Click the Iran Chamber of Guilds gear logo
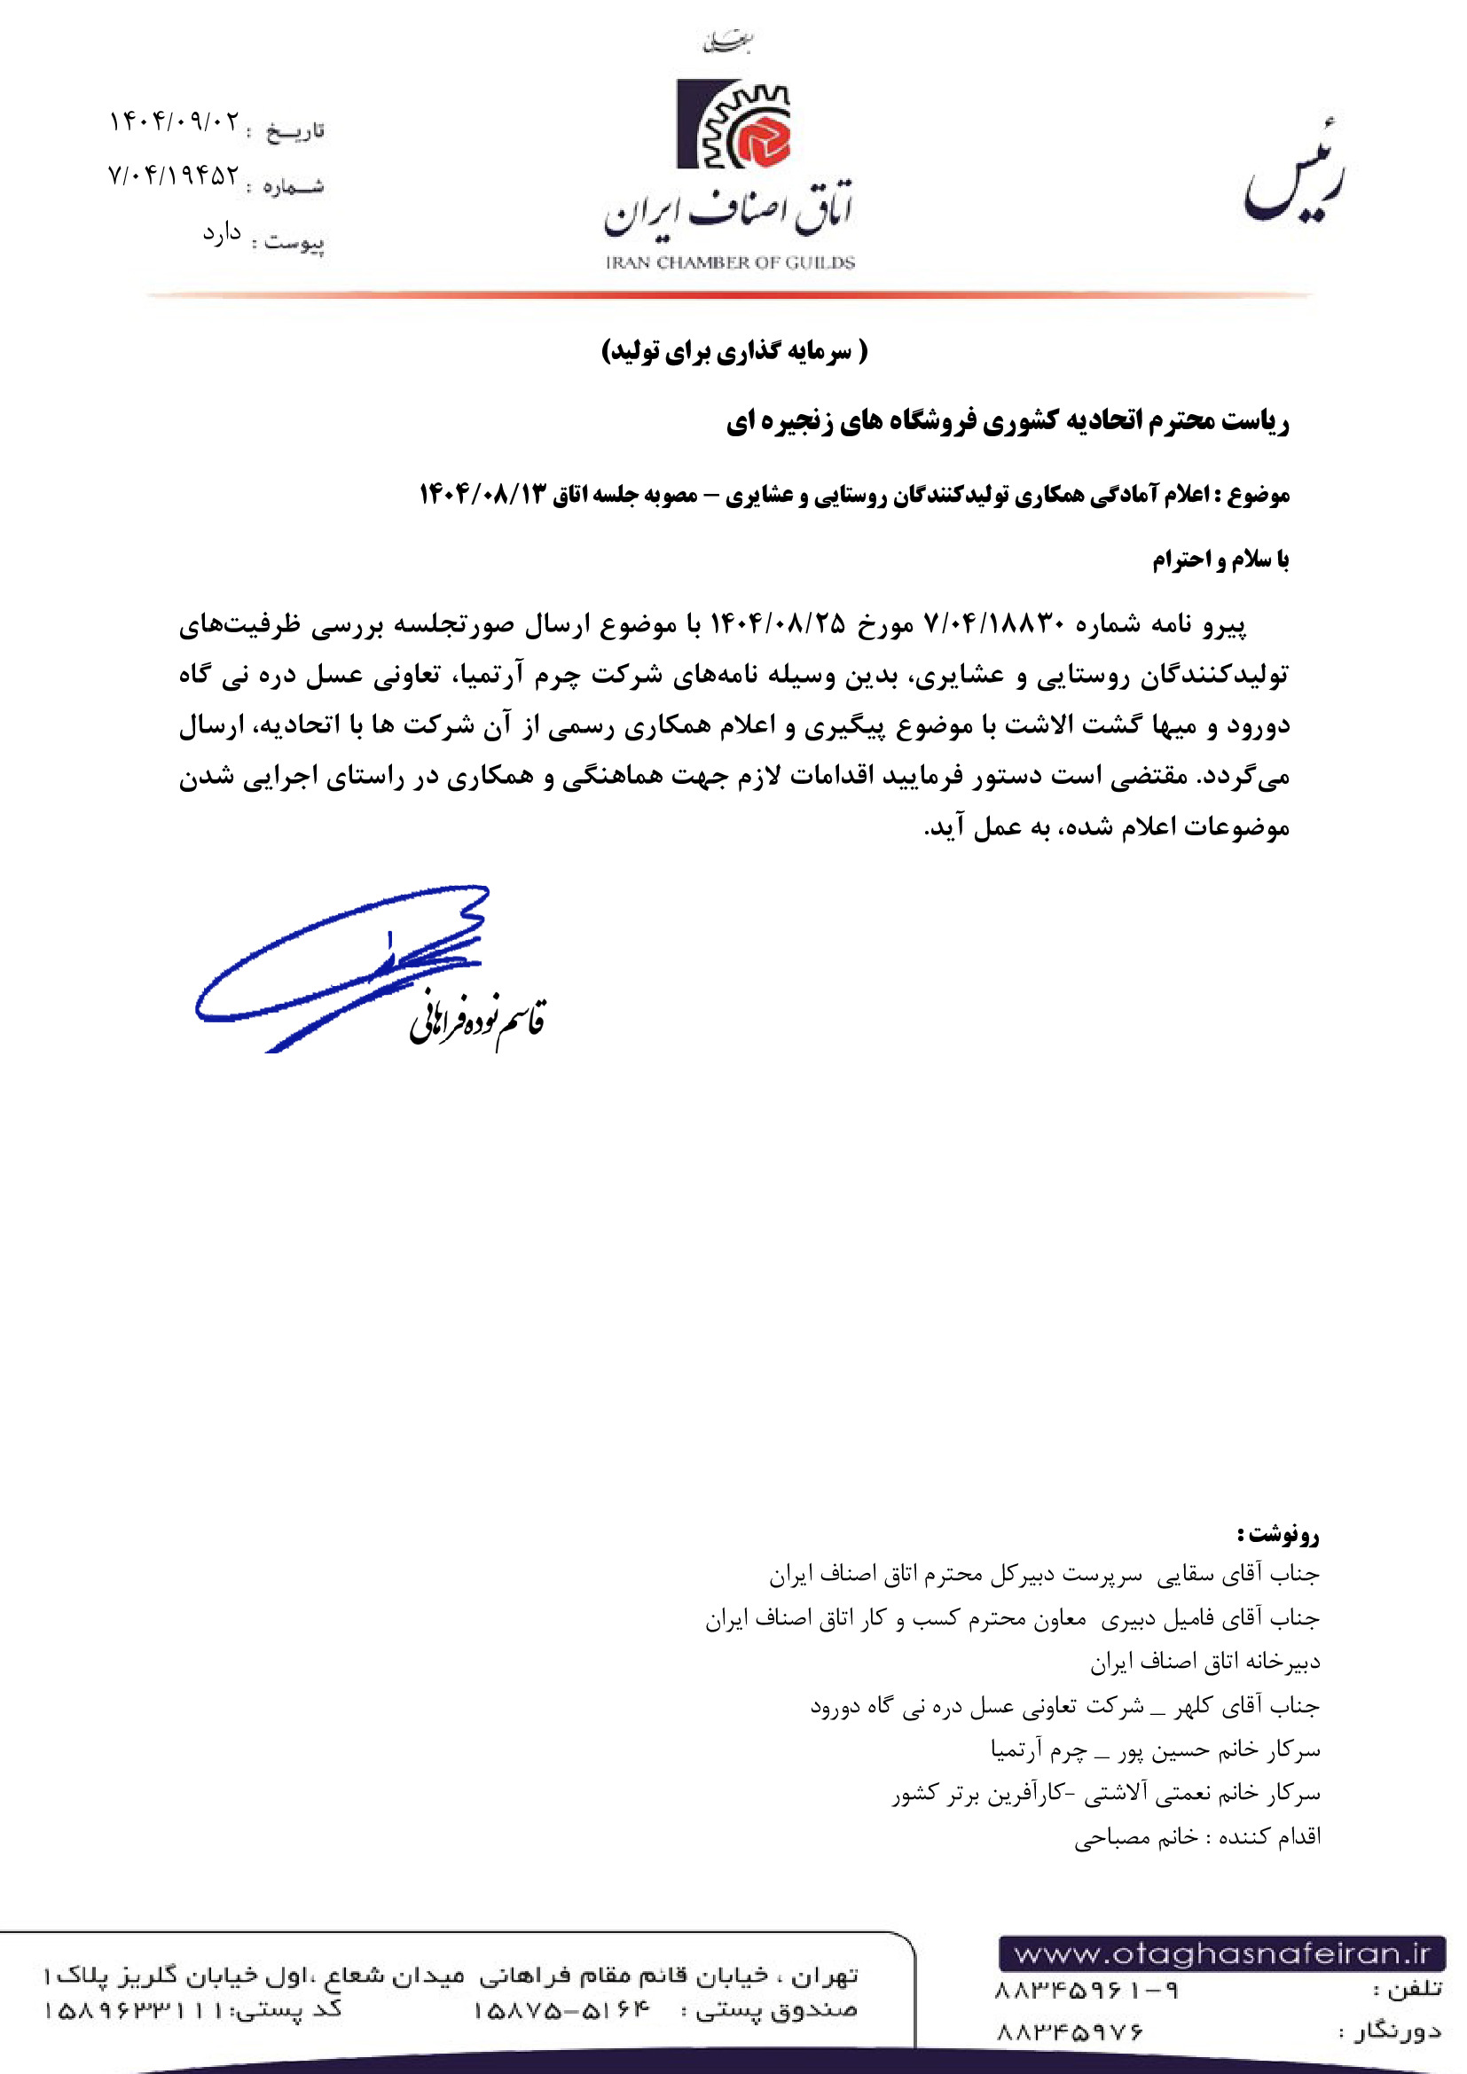[x=733, y=125]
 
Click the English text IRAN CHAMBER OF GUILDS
[x=730, y=262]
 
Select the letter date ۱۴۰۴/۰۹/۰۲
[x=176, y=121]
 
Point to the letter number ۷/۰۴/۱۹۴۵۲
[x=174, y=176]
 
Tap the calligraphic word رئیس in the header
[x=1293, y=176]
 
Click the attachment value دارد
[x=223, y=234]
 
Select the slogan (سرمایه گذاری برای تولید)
[x=734, y=350]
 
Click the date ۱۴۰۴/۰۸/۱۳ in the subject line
[x=483, y=494]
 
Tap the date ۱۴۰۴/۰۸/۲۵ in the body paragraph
[x=778, y=623]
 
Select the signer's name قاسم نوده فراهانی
[x=477, y=1021]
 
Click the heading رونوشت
[x=1279, y=1534]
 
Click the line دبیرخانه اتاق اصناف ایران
[x=1205, y=1661]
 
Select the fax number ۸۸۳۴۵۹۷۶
[x=1070, y=2031]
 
